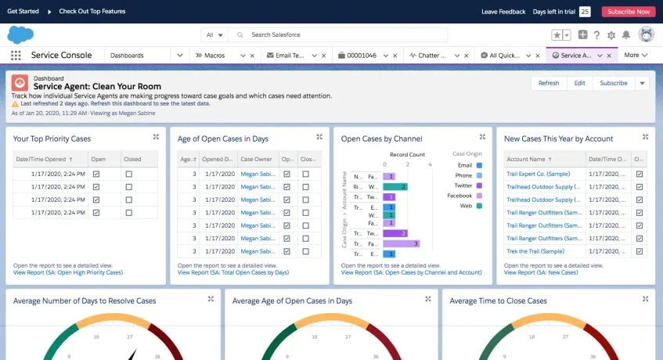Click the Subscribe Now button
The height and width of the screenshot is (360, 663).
click(x=628, y=12)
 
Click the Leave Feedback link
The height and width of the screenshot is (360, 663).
click(x=503, y=12)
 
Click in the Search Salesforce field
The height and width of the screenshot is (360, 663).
click(x=344, y=34)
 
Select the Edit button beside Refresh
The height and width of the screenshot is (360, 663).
click(x=579, y=83)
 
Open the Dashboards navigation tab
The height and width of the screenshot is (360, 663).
click(x=127, y=56)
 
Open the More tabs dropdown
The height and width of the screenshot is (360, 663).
click(x=635, y=56)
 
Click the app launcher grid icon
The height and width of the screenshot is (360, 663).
click(x=16, y=56)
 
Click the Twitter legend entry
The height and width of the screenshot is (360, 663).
click(x=465, y=185)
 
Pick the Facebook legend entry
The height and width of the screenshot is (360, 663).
click(x=460, y=196)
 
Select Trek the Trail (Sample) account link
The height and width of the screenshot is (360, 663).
click(x=535, y=251)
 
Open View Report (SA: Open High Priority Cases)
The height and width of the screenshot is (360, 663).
click(x=68, y=272)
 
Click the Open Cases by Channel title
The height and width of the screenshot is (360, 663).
click(x=381, y=139)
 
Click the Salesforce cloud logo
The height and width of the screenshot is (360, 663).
click(x=20, y=34)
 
